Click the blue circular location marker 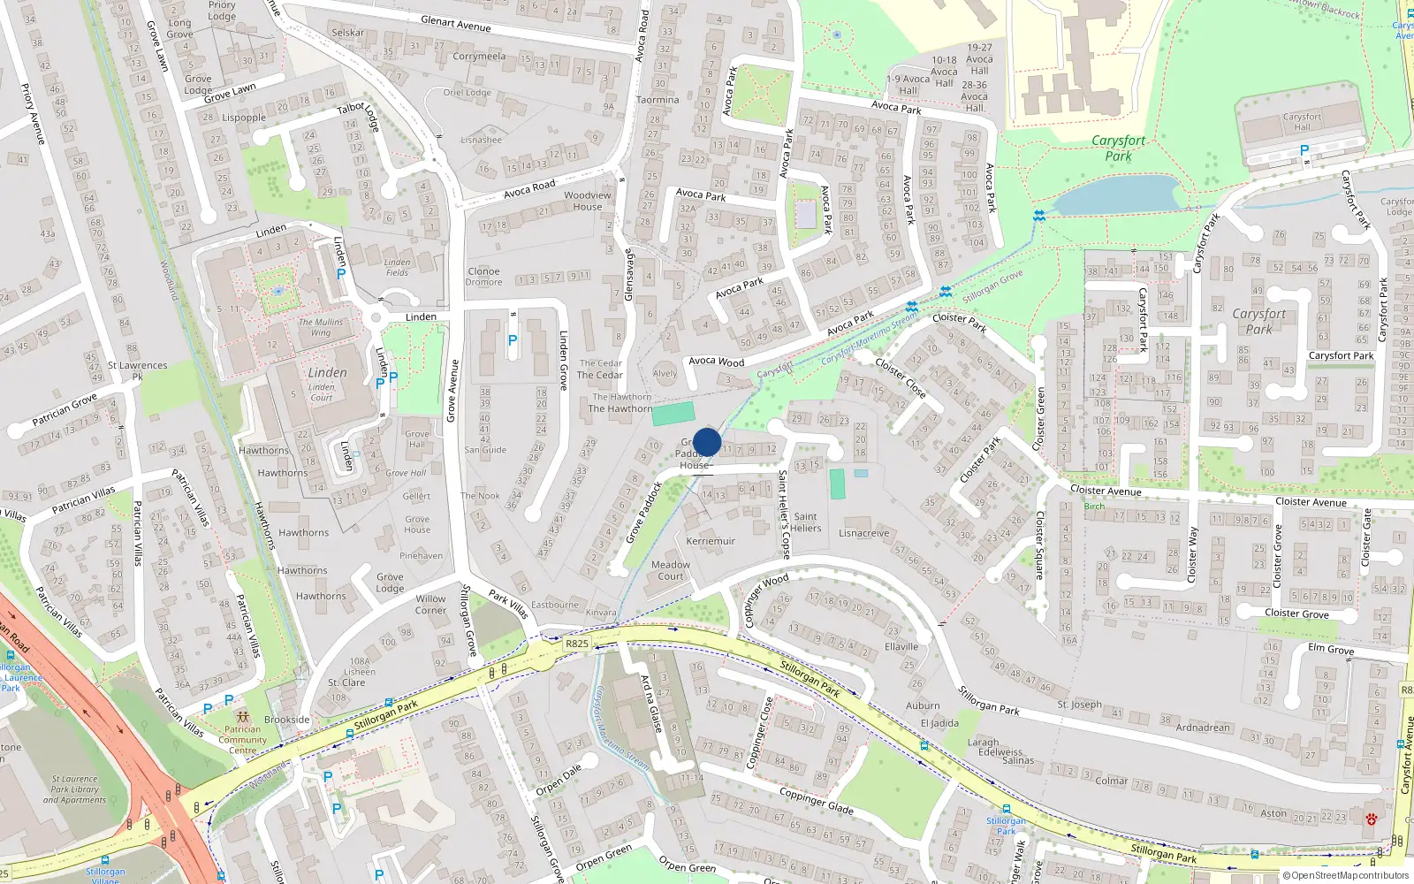(x=707, y=443)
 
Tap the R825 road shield (x=577, y=644)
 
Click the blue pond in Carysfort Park (x=1116, y=195)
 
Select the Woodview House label (x=588, y=201)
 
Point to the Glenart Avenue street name (x=455, y=24)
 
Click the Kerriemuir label (x=711, y=541)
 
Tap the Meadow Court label (x=671, y=570)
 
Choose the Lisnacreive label (x=863, y=533)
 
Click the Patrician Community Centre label (x=243, y=740)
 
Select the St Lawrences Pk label (x=137, y=370)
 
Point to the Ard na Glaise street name (x=651, y=704)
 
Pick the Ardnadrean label (x=1202, y=728)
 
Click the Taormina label (x=658, y=100)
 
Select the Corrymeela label (x=479, y=57)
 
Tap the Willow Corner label (x=431, y=605)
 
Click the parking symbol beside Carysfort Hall (x=1304, y=151)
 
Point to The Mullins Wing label (x=320, y=327)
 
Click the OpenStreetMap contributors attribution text (x=1346, y=875)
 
